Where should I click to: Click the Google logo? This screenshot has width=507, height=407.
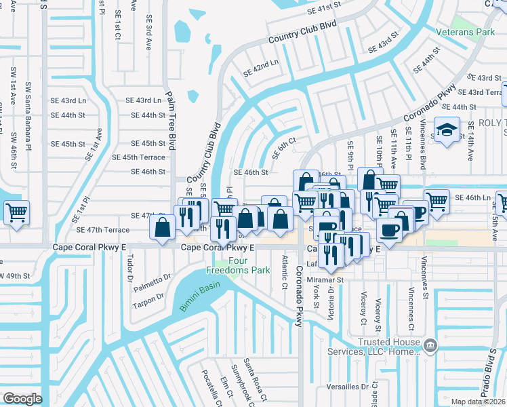coord(22,399)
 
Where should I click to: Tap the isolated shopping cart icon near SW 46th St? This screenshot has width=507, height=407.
coord(16,212)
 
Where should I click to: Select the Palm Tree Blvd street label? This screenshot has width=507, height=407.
coord(169,133)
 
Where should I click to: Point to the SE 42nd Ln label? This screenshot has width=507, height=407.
coord(261,64)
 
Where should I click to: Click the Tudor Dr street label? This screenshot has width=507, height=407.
coord(129,269)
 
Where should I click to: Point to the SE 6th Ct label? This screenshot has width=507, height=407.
coord(285,147)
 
